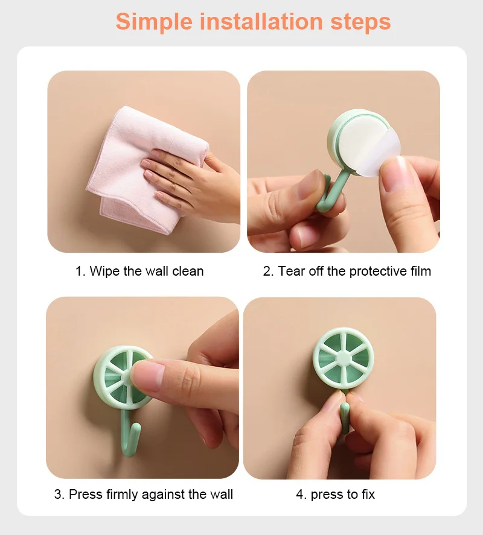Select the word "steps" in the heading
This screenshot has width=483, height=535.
coord(360,22)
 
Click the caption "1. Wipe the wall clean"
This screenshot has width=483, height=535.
coord(139,271)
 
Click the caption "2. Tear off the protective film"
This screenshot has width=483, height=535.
coord(347,271)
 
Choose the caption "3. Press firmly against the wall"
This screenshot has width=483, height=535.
coord(144,495)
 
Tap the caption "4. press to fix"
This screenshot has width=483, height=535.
coord(335,495)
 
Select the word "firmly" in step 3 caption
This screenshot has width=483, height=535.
coord(122,495)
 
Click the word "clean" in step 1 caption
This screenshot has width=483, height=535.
coord(188,271)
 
